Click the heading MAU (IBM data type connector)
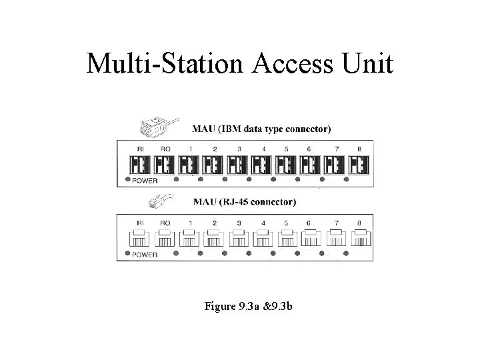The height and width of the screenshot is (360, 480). tap(261, 129)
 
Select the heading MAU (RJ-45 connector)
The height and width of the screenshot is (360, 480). tap(244, 201)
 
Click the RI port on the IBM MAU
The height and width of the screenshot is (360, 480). tap(141, 164)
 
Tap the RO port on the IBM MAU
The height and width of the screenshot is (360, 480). tap(165, 164)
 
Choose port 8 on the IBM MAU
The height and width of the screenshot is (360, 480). tap(359, 164)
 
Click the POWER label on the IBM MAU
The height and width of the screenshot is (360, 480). tap(145, 180)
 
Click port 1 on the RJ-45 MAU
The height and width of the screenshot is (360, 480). tap(189, 238)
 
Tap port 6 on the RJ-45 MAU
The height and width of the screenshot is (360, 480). tap(311, 238)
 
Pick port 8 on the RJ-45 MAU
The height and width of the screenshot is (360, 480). tap(359, 238)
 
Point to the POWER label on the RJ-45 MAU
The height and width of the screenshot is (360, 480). tap(145, 254)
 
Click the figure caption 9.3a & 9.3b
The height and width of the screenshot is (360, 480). tap(251, 307)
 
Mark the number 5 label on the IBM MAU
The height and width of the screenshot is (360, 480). tap(286, 149)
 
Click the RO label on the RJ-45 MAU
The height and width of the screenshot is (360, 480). tap(165, 223)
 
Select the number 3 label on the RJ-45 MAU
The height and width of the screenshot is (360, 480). tap(238, 223)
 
